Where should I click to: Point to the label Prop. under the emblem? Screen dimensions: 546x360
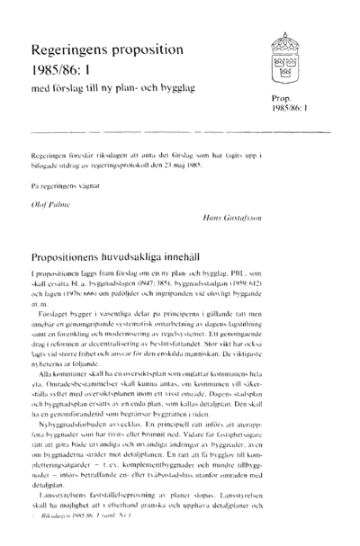coord(278,96)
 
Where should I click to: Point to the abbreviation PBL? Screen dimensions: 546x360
coord(246,273)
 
